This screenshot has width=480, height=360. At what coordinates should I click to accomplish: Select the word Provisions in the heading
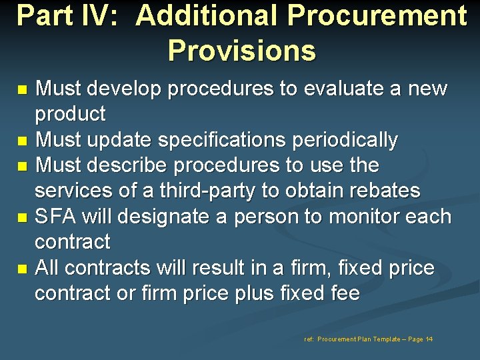click(x=241, y=50)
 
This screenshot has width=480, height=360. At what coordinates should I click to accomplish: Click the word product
click(x=70, y=115)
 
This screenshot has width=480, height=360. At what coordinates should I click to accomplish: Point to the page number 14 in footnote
click(x=429, y=339)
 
